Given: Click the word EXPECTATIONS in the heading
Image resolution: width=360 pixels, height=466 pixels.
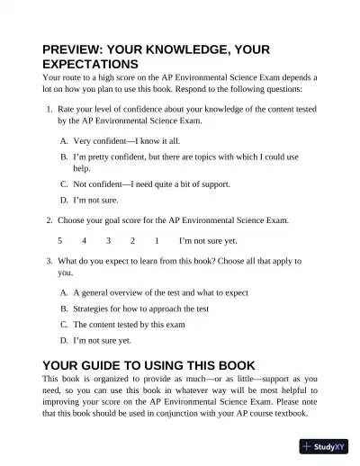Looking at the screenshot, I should click(x=90, y=66).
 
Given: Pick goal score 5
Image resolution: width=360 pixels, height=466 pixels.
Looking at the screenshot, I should click(x=60, y=241).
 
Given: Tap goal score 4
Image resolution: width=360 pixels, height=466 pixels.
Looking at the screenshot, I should click(x=84, y=241).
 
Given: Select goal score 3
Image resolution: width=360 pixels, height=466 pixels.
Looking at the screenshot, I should click(x=108, y=241).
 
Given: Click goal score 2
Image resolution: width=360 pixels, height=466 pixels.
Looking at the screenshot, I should click(x=132, y=241).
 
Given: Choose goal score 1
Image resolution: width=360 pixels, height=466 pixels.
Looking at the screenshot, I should click(x=157, y=241).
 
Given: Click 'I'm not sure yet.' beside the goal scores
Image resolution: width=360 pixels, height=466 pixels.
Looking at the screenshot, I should click(x=208, y=241).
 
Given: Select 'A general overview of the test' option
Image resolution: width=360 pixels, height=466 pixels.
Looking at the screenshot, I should click(x=160, y=292).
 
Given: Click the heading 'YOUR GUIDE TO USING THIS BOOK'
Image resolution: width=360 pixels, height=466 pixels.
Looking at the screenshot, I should click(x=148, y=364).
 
